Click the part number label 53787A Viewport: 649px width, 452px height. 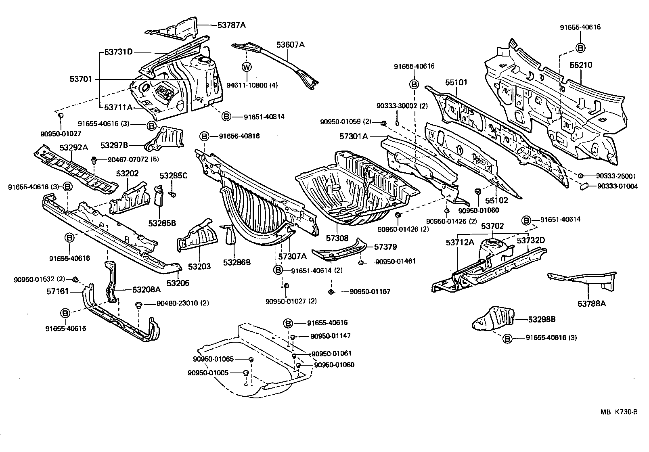(231, 25)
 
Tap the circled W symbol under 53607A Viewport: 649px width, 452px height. (247, 67)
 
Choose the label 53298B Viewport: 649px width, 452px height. (542, 319)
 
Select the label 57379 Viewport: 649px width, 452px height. (385, 247)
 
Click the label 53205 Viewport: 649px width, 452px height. (178, 283)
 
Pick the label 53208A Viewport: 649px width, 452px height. (147, 289)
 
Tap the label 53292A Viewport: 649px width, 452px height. (74, 148)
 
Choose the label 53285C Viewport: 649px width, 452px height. (174, 176)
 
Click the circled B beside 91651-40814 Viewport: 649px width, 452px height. (226, 117)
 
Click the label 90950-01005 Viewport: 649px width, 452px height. (208, 373)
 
